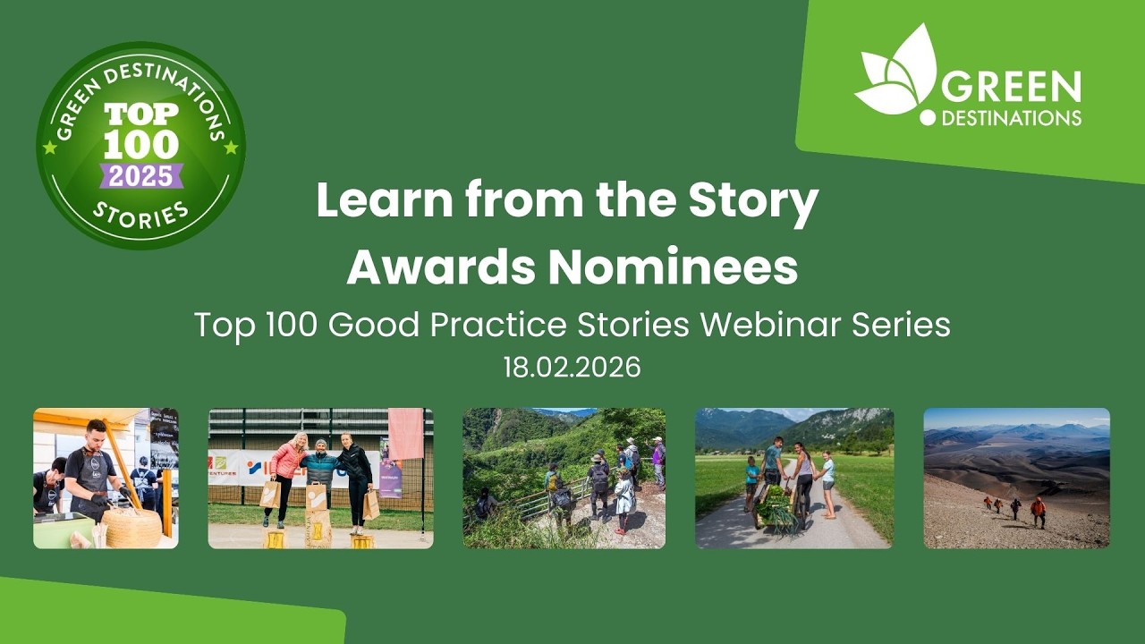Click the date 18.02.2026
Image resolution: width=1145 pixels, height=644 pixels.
[x=572, y=369]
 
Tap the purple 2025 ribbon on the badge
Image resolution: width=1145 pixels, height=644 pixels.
[x=141, y=175]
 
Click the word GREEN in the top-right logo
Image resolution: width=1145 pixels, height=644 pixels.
[x=1011, y=88]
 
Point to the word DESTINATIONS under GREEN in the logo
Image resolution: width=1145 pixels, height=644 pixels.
[x=1009, y=117]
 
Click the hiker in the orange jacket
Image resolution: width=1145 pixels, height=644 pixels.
[x=1038, y=511]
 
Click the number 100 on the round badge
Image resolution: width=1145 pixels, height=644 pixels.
[x=141, y=145]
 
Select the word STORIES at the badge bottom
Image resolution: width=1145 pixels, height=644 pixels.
[x=141, y=216]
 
